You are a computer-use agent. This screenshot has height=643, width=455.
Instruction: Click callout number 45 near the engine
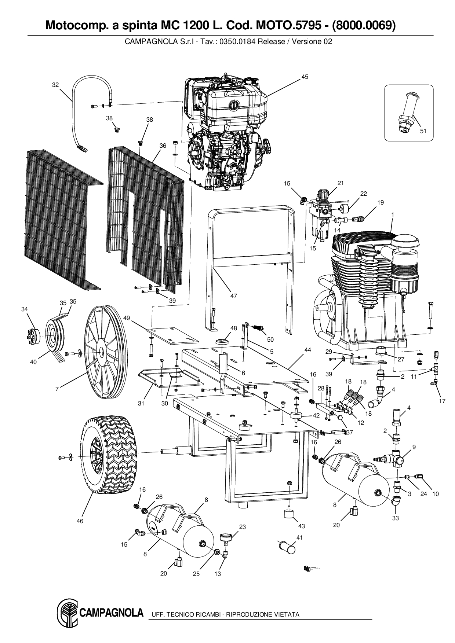[305, 77]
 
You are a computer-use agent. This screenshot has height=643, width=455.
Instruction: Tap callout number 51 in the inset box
[423, 131]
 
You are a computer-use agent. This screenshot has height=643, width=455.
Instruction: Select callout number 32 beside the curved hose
[55, 85]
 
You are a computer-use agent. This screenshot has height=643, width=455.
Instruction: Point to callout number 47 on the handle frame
[233, 296]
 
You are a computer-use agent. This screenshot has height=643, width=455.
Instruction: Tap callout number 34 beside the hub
[24, 309]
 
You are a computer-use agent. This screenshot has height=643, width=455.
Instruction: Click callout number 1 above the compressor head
[393, 214]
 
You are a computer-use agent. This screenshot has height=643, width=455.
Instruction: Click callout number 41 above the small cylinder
[300, 537]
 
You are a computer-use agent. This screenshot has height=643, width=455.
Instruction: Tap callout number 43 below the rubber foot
[301, 526]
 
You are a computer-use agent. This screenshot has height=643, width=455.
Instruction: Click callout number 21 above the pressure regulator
[341, 183]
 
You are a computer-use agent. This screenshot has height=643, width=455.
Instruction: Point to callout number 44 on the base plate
[307, 350]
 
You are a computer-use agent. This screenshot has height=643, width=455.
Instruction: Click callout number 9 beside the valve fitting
[414, 447]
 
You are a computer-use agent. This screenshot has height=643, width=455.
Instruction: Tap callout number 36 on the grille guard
[163, 146]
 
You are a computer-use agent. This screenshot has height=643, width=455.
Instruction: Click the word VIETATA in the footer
[287, 614]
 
